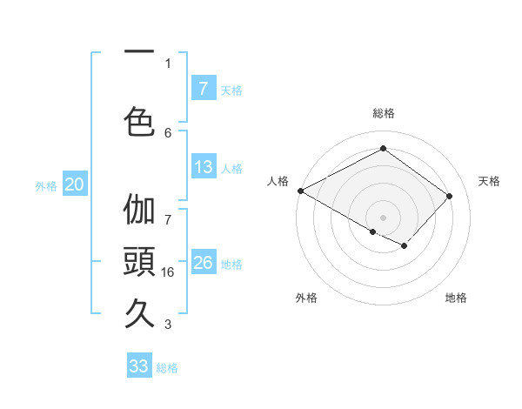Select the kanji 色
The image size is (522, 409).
click(140, 121)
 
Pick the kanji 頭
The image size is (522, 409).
click(140, 260)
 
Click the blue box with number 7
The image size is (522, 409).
click(204, 88)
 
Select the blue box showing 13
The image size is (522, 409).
click(204, 167)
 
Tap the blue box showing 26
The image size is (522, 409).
click(204, 263)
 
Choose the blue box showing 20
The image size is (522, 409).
click(75, 184)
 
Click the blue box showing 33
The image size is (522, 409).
click(139, 366)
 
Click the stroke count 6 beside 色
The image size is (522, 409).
click(168, 132)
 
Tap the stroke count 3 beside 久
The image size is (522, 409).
click(168, 325)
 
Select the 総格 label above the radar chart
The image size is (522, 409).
click(383, 113)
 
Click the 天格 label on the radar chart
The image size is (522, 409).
click(489, 181)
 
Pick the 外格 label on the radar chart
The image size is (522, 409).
click(306, 298)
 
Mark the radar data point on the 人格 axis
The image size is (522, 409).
click(300, 191)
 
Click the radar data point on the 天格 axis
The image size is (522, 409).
click(450, 196)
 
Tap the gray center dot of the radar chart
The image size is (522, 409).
click(383, 217)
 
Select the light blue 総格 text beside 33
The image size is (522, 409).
click(167, 368)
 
